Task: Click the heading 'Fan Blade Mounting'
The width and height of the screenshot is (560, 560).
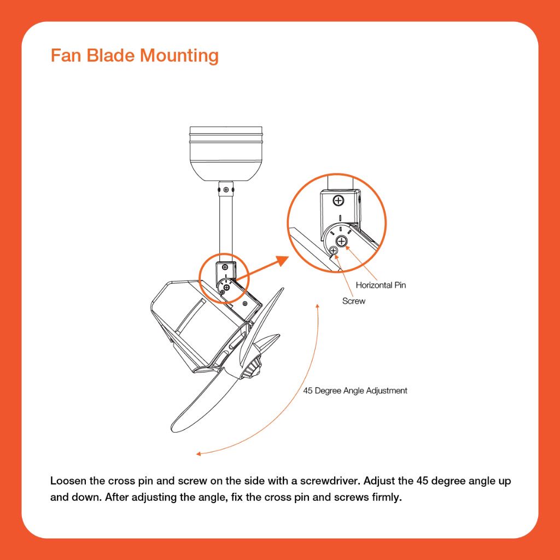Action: point(135,56)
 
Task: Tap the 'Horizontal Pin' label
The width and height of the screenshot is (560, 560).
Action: point(381,285)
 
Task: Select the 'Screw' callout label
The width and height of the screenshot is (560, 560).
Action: point(354,301)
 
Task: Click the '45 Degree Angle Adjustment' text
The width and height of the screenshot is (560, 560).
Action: point(355,391)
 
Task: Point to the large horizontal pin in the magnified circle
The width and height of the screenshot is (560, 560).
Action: point(342,241)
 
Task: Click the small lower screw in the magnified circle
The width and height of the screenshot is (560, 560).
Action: point(333,250)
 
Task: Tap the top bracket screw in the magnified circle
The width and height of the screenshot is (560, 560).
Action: point(339,201)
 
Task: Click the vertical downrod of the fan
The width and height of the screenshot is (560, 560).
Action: point(226,224)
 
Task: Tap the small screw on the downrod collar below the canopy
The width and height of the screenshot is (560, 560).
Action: point(226,189)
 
